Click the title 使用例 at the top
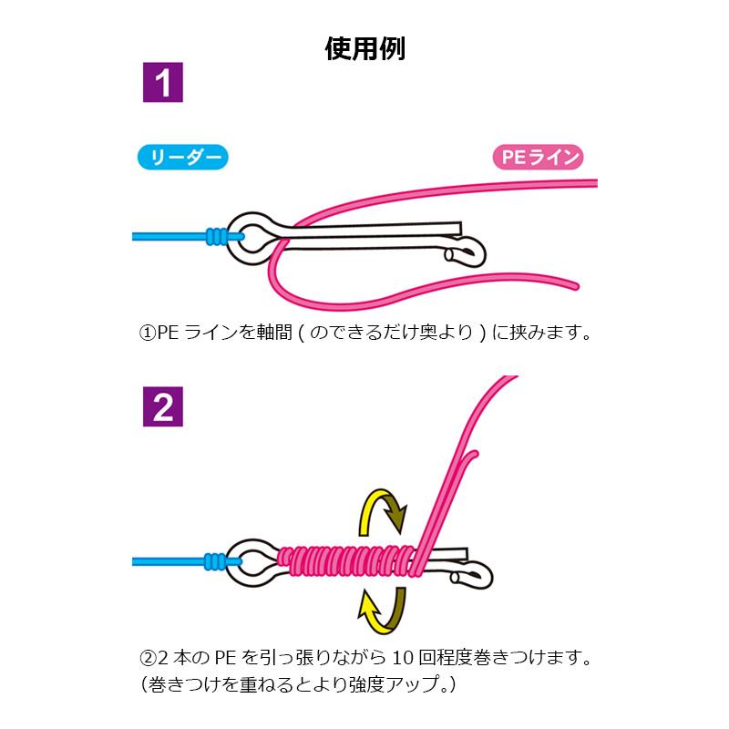point(364,47)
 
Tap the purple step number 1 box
point(164,84)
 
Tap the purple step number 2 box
point(164,409)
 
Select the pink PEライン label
point(538,158)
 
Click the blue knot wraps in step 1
point(217,235)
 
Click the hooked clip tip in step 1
point(470,252)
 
